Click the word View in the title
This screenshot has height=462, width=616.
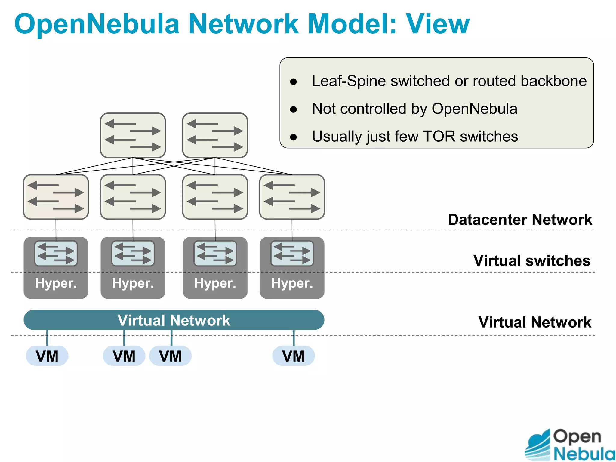438,24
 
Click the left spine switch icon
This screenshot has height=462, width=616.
133,135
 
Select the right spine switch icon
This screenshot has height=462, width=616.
215,135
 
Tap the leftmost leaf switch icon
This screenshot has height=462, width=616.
56,197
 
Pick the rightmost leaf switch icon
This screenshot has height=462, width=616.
292,197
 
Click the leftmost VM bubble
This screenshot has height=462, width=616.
47,356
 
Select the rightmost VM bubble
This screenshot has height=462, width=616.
293,356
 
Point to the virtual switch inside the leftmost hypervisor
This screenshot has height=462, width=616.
56,253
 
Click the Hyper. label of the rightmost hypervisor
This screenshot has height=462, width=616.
292,283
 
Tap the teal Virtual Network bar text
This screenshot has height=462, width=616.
174,320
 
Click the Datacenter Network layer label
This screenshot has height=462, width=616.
519,220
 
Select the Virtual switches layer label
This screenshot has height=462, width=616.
531,260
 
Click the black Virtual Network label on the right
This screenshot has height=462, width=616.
534,322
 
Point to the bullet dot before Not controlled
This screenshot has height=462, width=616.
294,109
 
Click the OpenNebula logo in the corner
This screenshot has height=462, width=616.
569,445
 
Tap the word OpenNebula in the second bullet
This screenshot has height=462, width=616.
474,109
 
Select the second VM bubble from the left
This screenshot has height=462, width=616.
124,356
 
